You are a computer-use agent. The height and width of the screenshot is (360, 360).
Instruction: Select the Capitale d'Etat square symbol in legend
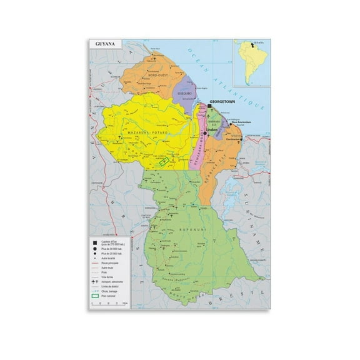coord(94,243)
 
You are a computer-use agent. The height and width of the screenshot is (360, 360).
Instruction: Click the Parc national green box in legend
coord(94,294)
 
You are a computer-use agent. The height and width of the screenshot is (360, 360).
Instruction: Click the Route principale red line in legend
coord(94,264)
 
